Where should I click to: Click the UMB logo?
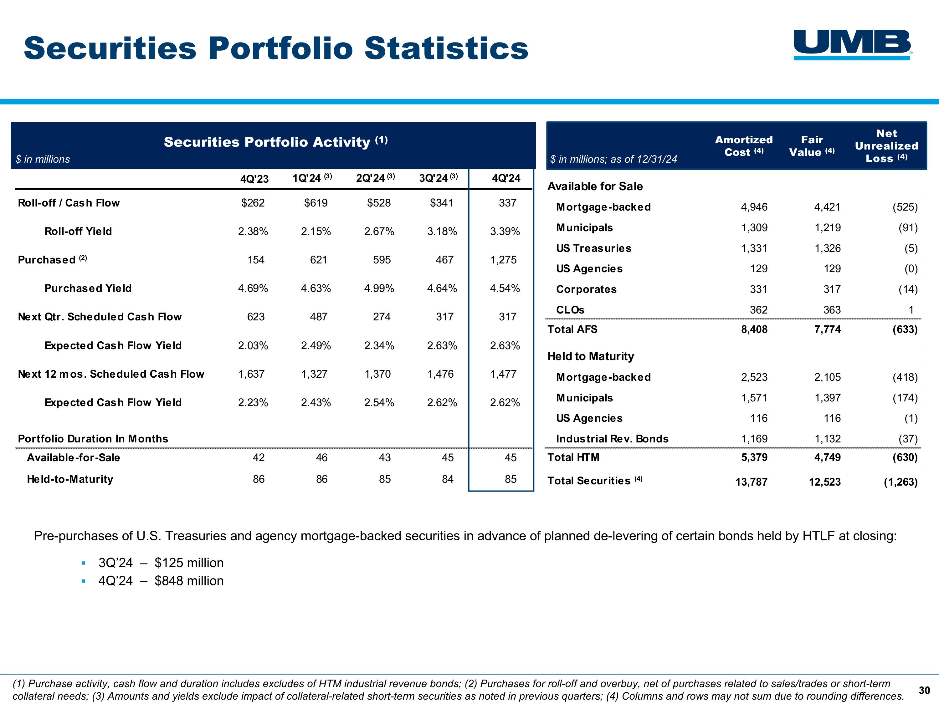coord(852,44)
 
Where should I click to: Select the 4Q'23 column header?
coord(254,179)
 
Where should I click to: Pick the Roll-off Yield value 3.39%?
coord(505,231)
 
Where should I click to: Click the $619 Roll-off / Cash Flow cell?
coord(316,203)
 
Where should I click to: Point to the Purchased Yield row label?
coord(88,288)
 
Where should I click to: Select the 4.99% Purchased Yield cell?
coord(379,288)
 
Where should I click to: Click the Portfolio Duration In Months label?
coord(93,438)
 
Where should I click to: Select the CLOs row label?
coord(570,310)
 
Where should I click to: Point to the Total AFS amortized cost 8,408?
coord(754,329)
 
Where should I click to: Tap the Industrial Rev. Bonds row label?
coord(612,438)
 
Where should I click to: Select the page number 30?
coord(924,691)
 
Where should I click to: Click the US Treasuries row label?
coord(593,248)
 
